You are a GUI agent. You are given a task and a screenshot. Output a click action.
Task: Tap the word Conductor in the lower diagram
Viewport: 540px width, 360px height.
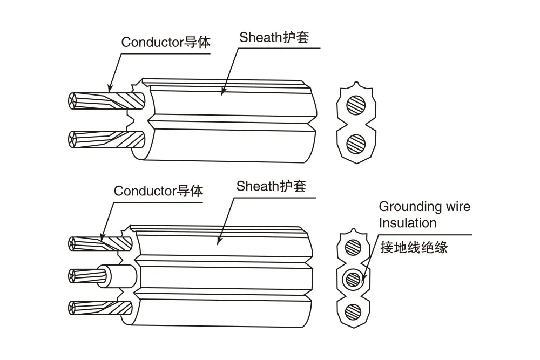click(x=145, y=191)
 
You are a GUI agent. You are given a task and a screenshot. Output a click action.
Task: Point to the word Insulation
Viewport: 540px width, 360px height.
click(x=408, y=223)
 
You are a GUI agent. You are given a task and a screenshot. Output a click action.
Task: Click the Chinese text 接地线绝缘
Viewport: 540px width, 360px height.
click(x=414, y=247)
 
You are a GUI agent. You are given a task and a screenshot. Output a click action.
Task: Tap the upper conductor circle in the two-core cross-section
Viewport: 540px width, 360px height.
click(x=356, y=105)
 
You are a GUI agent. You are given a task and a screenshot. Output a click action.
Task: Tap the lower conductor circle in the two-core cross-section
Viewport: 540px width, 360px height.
click(x=356, y=144)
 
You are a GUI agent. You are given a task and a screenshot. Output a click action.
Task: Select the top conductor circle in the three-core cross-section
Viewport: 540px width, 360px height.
click(x=353, y=247)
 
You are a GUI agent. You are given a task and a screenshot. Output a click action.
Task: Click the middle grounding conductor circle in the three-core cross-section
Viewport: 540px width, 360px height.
click(x=353, y=279)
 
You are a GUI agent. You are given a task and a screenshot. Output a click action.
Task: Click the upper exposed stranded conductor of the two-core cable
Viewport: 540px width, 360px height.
click(x=107, y=101)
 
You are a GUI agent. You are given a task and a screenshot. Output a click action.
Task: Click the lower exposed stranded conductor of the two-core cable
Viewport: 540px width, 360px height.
click(x=107, y=139)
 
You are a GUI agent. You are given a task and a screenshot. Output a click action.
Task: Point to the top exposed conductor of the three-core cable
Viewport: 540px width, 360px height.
click(x=100, y=243)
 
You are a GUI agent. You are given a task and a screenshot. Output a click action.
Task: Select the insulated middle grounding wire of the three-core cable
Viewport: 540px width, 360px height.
click(x=102, y=276)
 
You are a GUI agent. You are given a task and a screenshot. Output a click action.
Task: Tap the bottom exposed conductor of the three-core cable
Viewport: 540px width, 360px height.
click(x=100, y=308)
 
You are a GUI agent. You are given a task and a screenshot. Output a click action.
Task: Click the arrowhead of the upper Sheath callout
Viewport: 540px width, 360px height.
click(x=223, y=92)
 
